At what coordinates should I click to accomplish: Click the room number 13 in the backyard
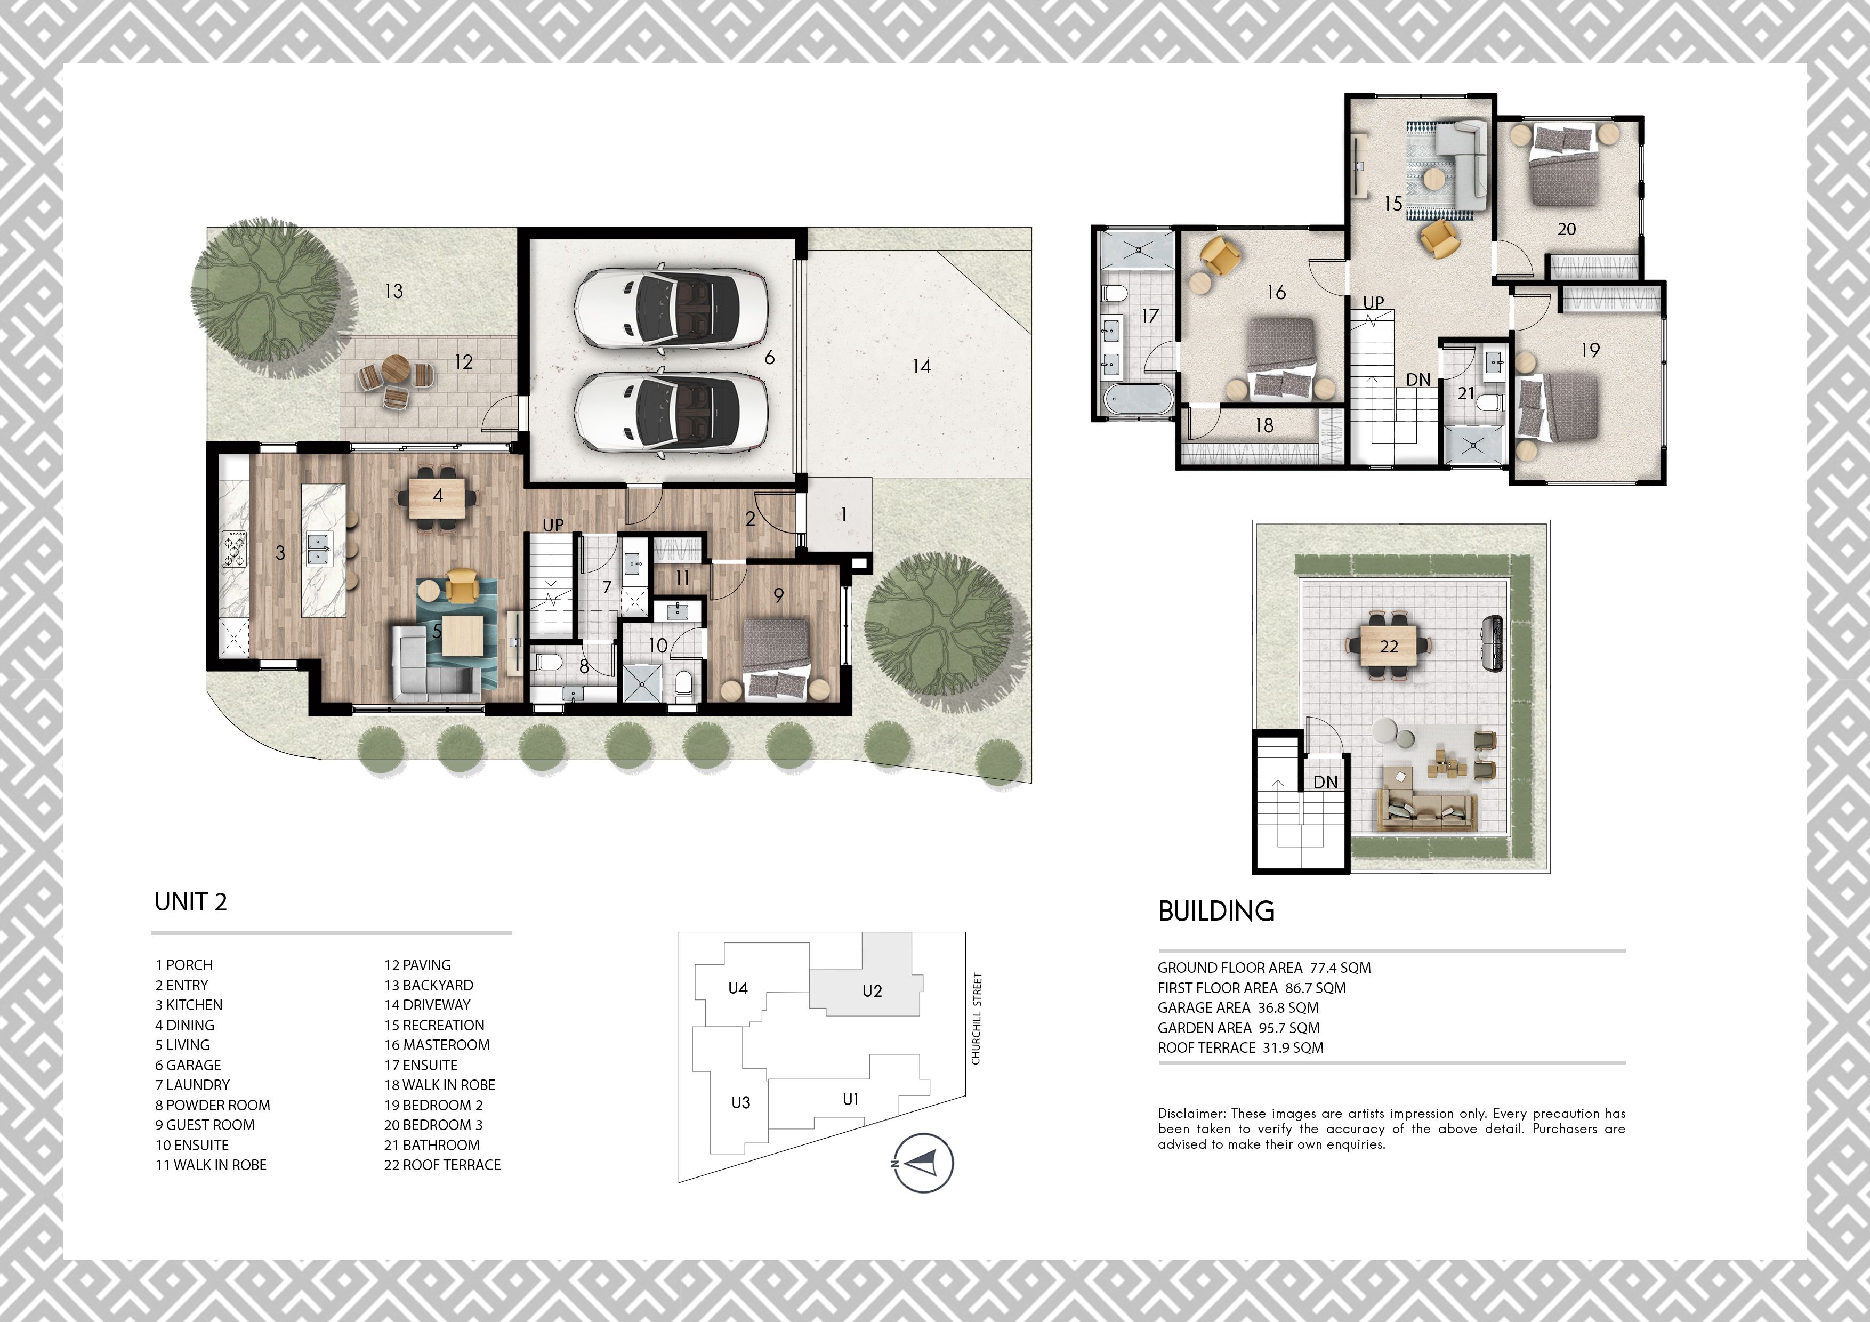[393, 291]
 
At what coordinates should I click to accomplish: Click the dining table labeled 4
[438, 496]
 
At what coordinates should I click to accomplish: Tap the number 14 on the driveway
[921, 367]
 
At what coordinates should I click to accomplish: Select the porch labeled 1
[843, 515]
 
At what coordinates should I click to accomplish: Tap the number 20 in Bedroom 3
[1566, 230]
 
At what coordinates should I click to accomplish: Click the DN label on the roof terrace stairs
[1325, 782]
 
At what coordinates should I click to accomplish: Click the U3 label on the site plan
[740, 1103]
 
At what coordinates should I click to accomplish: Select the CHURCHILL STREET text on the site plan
[977, 1018]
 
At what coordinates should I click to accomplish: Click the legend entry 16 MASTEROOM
[437, 1045]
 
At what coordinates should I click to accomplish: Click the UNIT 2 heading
[191, 902]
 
